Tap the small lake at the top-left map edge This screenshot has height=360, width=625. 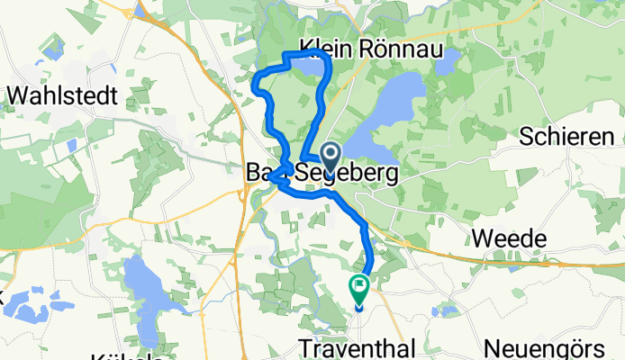point(141,10)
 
